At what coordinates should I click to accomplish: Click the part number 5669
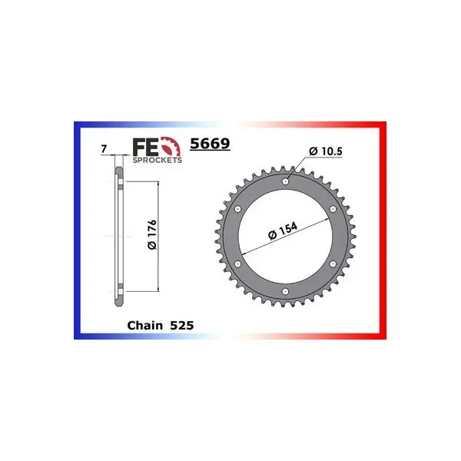click(x=210, y=144)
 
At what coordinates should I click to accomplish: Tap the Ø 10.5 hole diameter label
click(x=326, y=151)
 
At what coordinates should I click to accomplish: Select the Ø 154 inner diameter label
click(x=283, y=231)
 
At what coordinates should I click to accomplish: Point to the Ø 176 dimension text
click(x=152, y=234)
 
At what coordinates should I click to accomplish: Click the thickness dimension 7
click(x=104, y=149)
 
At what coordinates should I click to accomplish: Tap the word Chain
click(x=144, y=326)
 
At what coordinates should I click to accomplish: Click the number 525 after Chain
click(x=182, y=326)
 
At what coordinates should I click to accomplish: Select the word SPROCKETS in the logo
click(x=158, y=160)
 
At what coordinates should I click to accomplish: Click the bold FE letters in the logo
click(x=146, y=147)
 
